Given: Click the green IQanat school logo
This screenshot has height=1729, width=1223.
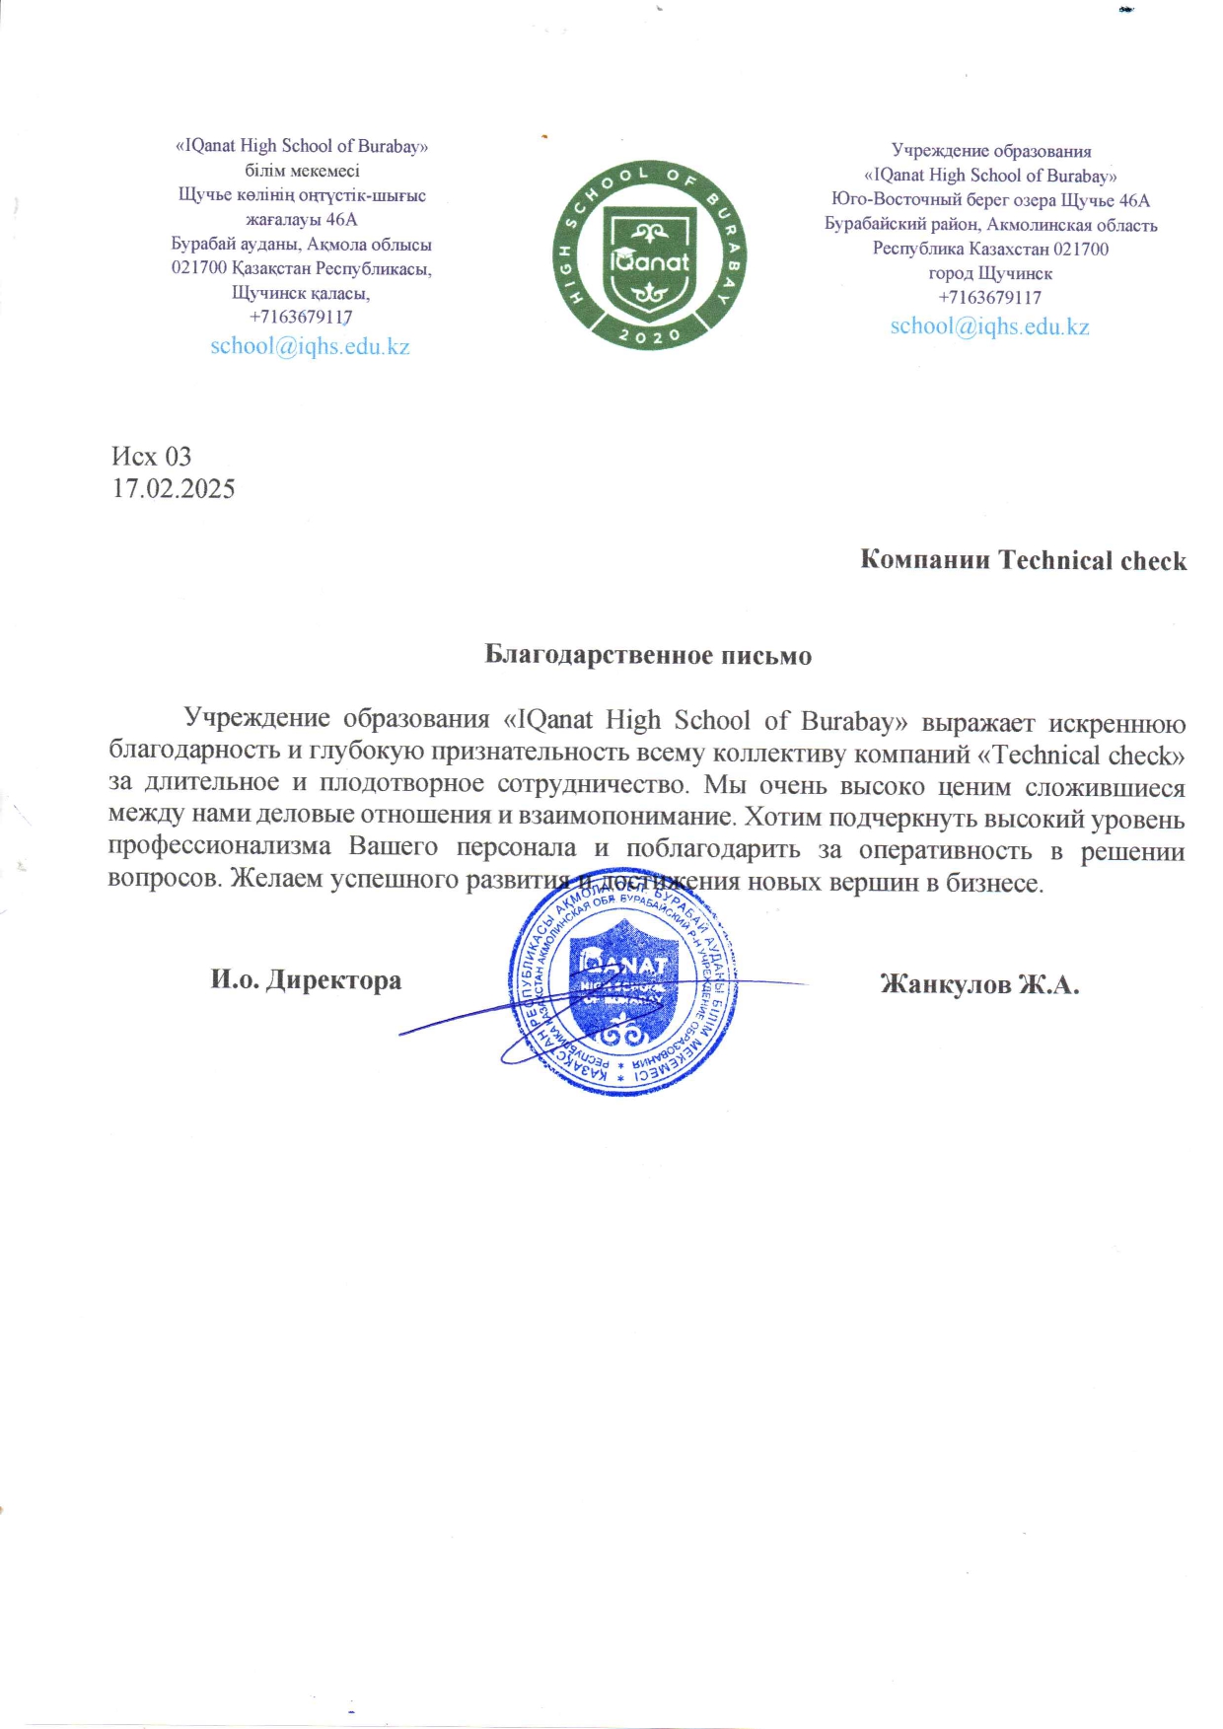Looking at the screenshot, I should (649, 255).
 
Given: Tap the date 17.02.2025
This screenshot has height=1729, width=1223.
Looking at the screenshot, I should (174, 488).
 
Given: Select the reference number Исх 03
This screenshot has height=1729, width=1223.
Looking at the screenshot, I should (151, 457).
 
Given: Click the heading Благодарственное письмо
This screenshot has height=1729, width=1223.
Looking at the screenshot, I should (648, 655).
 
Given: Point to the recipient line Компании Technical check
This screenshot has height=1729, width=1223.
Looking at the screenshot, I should (1023, 560).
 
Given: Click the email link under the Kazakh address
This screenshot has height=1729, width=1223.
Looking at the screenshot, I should (310, 346).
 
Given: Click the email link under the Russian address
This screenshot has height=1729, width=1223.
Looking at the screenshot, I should (989, 326).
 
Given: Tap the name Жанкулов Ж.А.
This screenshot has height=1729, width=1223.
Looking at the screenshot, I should (979, 984).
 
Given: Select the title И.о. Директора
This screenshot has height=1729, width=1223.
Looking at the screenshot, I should (306, 980).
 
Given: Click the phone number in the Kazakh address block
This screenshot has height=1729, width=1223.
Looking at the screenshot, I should (301, 318).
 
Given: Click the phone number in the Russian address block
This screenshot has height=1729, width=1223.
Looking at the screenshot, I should (989, 298).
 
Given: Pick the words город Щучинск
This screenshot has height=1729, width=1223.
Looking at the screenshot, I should (990, 273).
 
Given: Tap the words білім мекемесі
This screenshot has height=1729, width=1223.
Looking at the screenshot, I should (302, 171).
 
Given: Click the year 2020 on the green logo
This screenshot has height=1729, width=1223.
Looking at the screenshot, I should (649, 335).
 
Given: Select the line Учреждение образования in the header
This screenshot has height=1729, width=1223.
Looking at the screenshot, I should (991, 151).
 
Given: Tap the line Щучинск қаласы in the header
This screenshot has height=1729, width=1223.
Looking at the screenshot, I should (301, 293).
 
